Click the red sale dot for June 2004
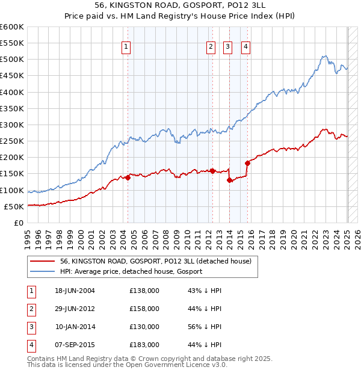[x=128, y=177]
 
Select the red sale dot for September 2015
[x=247, y=162]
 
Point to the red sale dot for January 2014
[x=229, y=180]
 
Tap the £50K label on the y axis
[x=14, y=206]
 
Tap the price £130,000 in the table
[x=144, y=327]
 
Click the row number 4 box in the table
[x=31, y=345]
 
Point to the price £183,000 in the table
[x=144, y=345]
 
